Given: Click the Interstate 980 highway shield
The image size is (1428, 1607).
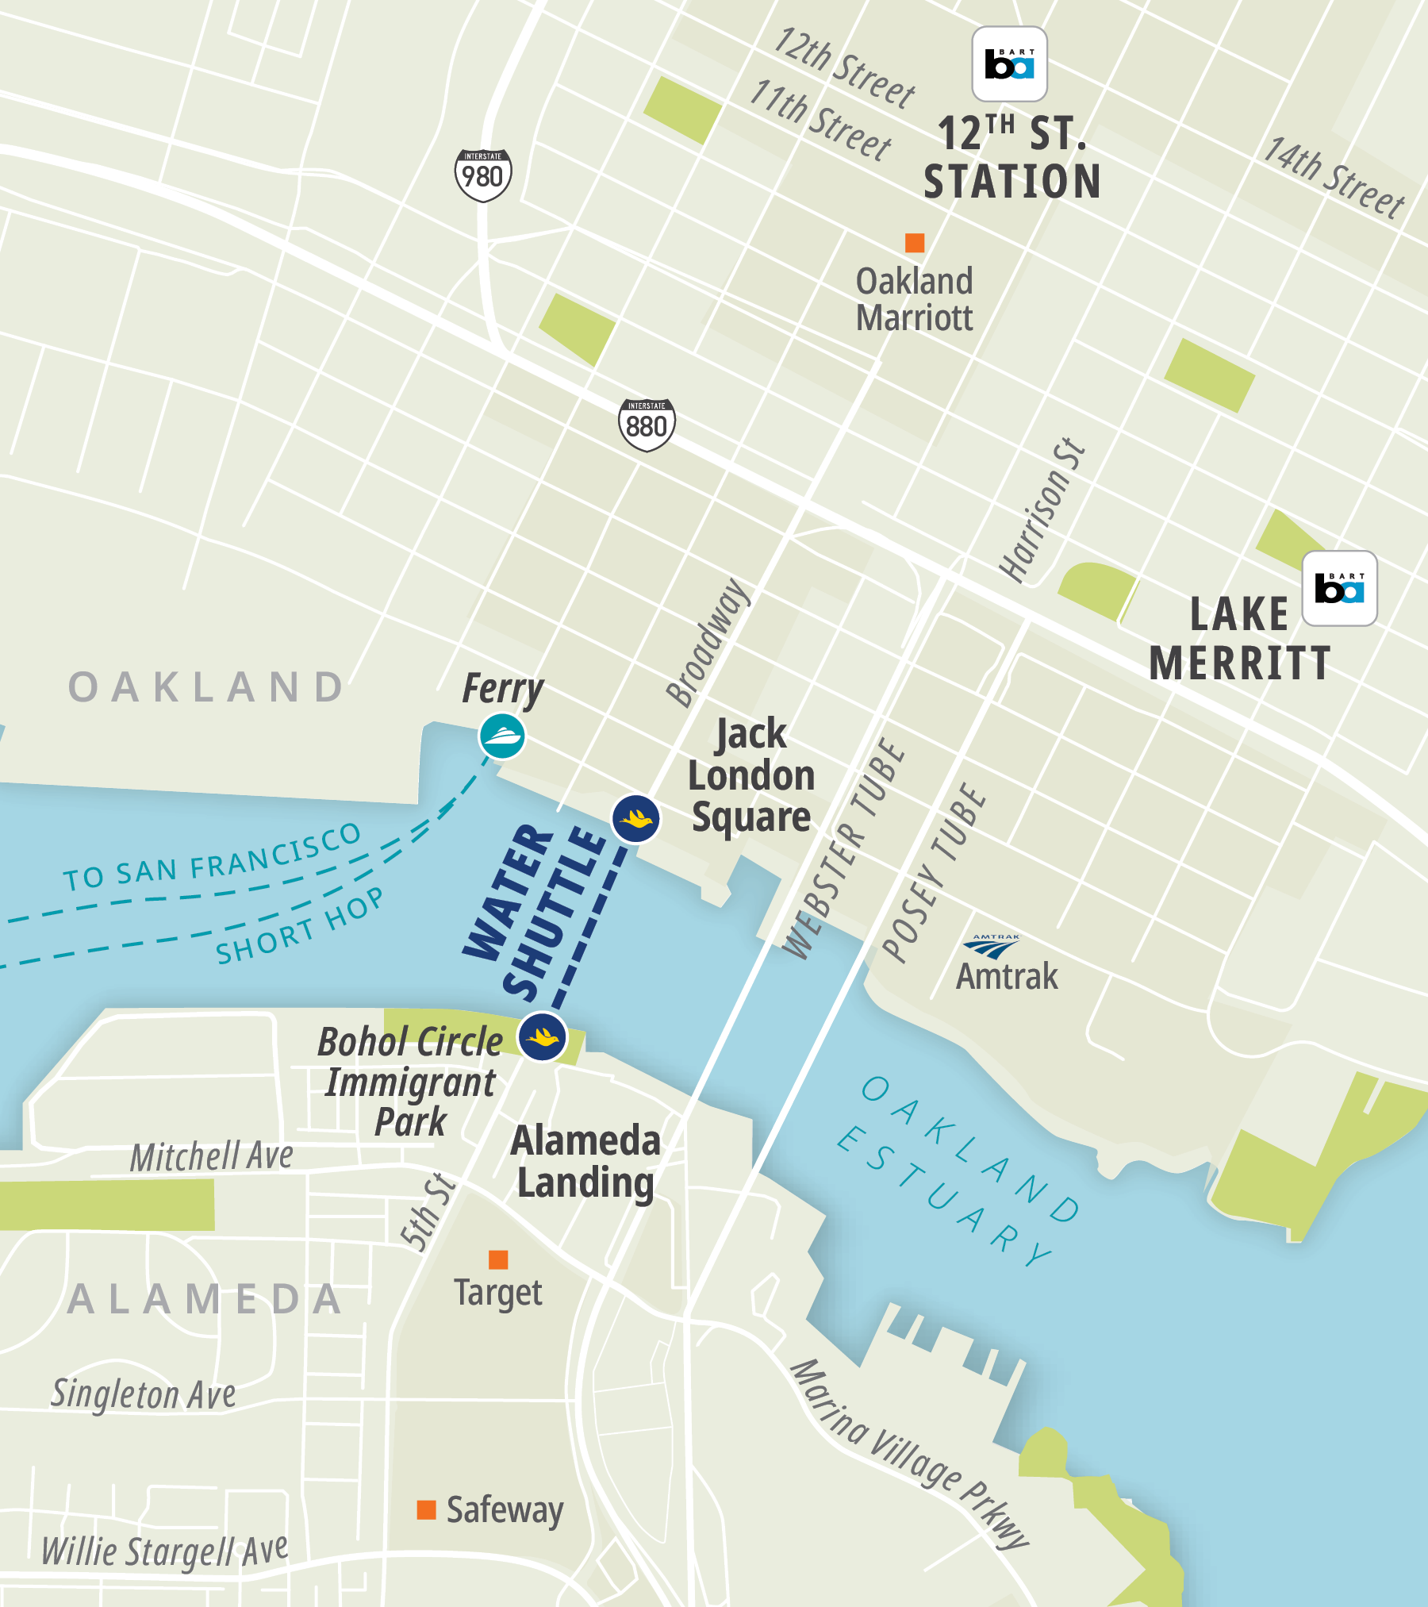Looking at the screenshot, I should pos(483,175).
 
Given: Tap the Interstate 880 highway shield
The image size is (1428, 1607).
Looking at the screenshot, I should pos(647,425).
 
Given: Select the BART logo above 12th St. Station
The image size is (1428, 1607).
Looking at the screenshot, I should pos(1009,64).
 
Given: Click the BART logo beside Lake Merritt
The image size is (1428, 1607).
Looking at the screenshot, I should pos(1339,588).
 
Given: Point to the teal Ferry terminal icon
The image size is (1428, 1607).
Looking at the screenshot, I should pos(501,736).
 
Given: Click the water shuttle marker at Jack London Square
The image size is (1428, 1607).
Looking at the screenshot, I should pos(636,818).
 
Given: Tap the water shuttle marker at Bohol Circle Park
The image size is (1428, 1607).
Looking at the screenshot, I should pos(543,1036).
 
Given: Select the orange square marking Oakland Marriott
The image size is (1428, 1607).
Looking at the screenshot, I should pos(915,242).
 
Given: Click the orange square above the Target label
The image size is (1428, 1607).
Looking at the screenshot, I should pos(498,1259).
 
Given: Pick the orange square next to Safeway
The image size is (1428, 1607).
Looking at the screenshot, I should pos(426,1509).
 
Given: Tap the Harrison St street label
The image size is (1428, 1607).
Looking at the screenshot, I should pos(1042,510).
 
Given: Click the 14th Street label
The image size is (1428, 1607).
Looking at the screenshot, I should pos(1333,178).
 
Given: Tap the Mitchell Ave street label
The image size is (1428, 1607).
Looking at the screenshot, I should pos(212,1156).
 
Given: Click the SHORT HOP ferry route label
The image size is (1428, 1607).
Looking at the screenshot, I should pos(299,926).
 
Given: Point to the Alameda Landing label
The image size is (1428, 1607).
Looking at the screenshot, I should pos(585,1161).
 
